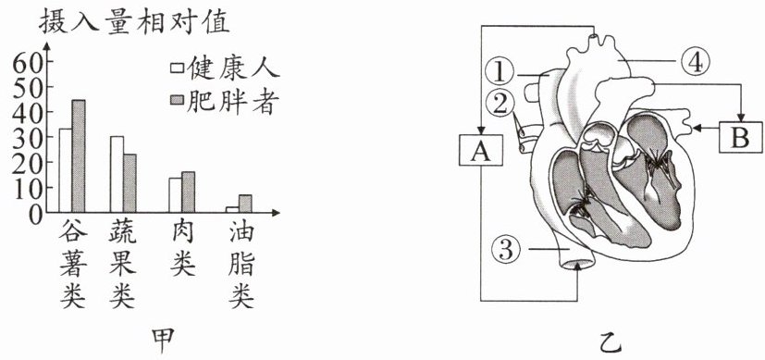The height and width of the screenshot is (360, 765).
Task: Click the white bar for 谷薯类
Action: click(66, 170)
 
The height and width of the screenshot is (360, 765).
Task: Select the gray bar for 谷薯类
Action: click(79, 156)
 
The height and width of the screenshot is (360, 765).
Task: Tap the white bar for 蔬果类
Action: click(117, 174)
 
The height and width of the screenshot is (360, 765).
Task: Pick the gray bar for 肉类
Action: click(189, 192)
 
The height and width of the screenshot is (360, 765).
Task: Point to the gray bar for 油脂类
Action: click(245, 204)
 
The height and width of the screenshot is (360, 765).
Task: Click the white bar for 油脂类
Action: click(232, 209)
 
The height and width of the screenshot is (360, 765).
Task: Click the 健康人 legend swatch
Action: click(177, 68)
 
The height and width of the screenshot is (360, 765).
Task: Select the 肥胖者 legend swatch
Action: click(177, 100)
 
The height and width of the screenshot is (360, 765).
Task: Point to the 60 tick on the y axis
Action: click(25, 62)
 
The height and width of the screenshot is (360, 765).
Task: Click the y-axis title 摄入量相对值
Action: click(134, 23)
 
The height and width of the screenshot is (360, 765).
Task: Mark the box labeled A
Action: click(481, 150)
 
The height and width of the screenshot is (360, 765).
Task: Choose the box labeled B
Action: click(740, 138)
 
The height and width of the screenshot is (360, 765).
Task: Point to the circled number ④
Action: click(695, 62)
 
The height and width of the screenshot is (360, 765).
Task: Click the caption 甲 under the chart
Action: click(163, 341)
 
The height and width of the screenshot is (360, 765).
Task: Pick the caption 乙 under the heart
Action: click(610, 341)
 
